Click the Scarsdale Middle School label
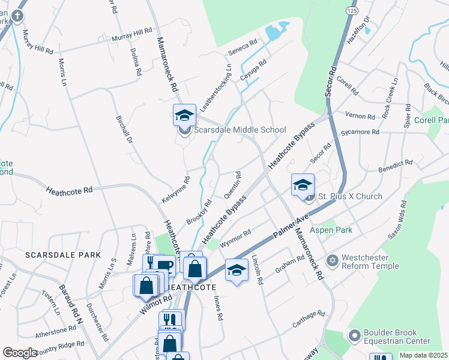(240, 130)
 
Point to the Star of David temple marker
(332, 261)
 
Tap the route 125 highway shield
(351, 10)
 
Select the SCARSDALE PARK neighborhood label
(63, 255)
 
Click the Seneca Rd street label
(245, 45)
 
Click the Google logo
(20, 353)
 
